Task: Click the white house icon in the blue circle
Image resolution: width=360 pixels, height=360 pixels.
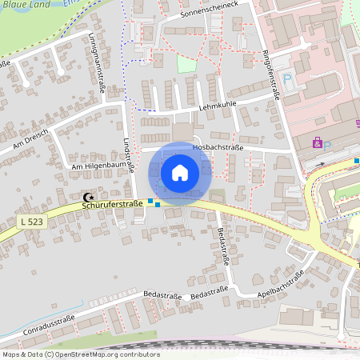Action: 180,173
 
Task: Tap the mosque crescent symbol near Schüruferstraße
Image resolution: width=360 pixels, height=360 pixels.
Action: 88,197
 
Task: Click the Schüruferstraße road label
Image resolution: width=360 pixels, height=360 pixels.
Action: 112,205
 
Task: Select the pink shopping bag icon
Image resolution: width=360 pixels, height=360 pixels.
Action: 317,142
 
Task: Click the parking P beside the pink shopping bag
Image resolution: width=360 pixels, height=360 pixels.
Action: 327,145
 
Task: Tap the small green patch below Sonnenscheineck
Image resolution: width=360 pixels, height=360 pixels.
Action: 186,64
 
